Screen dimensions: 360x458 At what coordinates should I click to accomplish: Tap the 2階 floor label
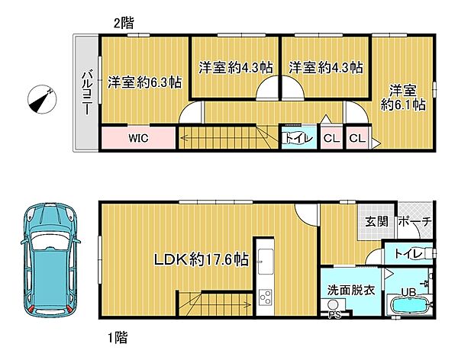(123, 22)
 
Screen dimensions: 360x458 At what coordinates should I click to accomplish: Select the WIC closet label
(137, 139)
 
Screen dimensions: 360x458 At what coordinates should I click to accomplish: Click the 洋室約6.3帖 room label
(144, 81)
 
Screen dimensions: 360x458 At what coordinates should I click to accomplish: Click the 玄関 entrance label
(376, 221)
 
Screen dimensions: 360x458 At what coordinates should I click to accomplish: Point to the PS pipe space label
(334, 313)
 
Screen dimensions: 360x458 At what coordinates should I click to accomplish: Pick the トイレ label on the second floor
(296, 138)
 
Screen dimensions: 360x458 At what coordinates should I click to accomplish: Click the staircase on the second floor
(221, 138)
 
